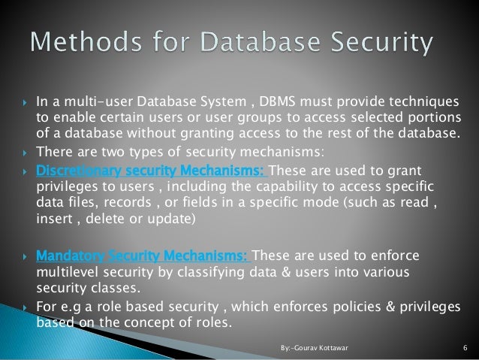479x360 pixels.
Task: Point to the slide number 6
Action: [466, 348]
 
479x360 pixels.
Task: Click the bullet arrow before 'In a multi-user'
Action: [26, 103]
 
